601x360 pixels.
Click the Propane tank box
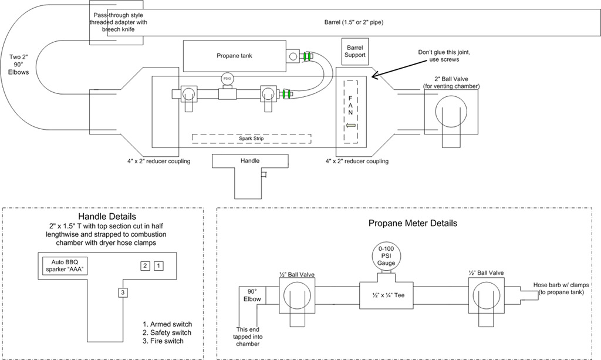pos(234,56)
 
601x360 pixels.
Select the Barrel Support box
pos(355,51)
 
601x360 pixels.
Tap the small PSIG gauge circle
pos(227,79)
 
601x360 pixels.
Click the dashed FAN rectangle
pos(351,112)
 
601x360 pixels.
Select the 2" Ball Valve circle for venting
pos(452,112)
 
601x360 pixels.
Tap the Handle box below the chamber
pos(250,160)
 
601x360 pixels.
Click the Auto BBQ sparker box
pos(66,266)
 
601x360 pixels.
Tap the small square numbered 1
pos(158,265)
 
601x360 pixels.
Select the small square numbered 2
pos(144,265)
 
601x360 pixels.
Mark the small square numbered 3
pos(122,292)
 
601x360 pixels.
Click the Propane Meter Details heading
pos(413,223)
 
